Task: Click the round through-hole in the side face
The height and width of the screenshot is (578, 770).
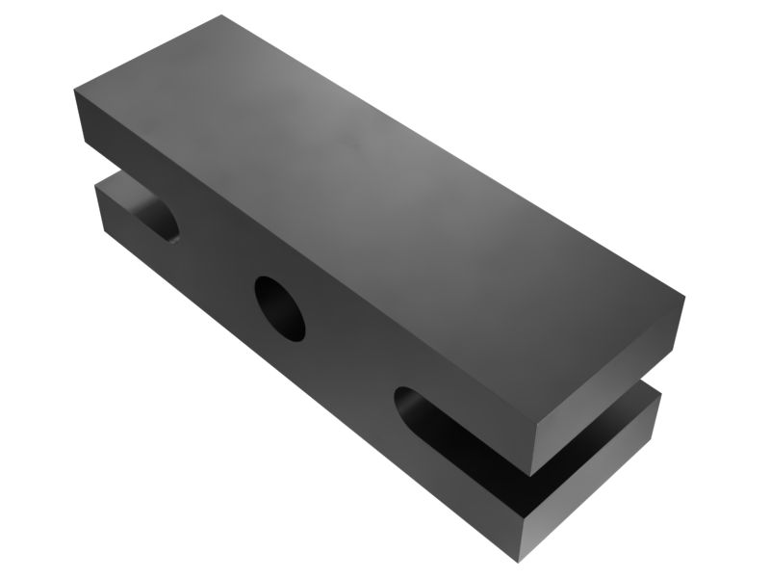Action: pyautogui.click(x=279, y=308)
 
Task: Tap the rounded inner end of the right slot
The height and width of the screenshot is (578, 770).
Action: pyautogui.click(x=407, y=403)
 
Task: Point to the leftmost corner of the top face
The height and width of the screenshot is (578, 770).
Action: pyautogui.click(x=74, y=90)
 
